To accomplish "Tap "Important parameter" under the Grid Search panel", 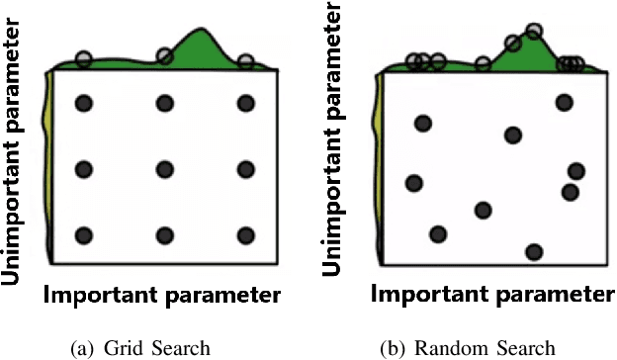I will pyautogui.click(x=162, y=296).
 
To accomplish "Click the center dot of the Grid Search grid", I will pyautogui.click(x=165, y=169).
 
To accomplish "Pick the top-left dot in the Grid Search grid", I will pyautogui.click(x=84, y=103).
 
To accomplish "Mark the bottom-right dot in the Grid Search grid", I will pyautogui.click(x=246, y=235).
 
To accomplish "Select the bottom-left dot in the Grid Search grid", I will pyautogui.click(x=84, y=235).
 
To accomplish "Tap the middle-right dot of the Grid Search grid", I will pyautogui.click(x=246, y=169).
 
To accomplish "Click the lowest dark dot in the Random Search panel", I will pyautogui.click(x=534, y=252).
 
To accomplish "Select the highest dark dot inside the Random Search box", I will pyautogui.click(x=564, y=101).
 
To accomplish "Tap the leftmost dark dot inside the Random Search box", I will pyautogui.click(x=413, y=183).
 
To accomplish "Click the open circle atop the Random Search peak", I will pyautogui.click(x=534, y=32).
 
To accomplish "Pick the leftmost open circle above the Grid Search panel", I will pyautogui.click(x=83, y=59).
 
